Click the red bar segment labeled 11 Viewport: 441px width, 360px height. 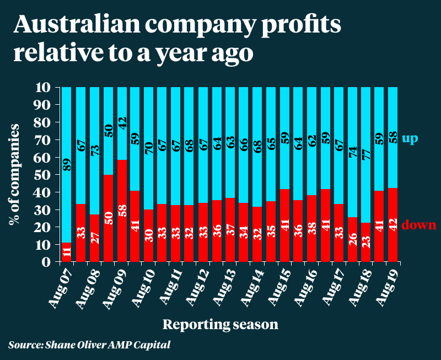click(x=66, y=252)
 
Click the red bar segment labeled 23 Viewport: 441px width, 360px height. click(x=364, y=241)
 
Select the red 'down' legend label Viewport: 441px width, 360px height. click(x=419, y=224)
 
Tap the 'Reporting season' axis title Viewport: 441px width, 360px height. click(x=220, y=324)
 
